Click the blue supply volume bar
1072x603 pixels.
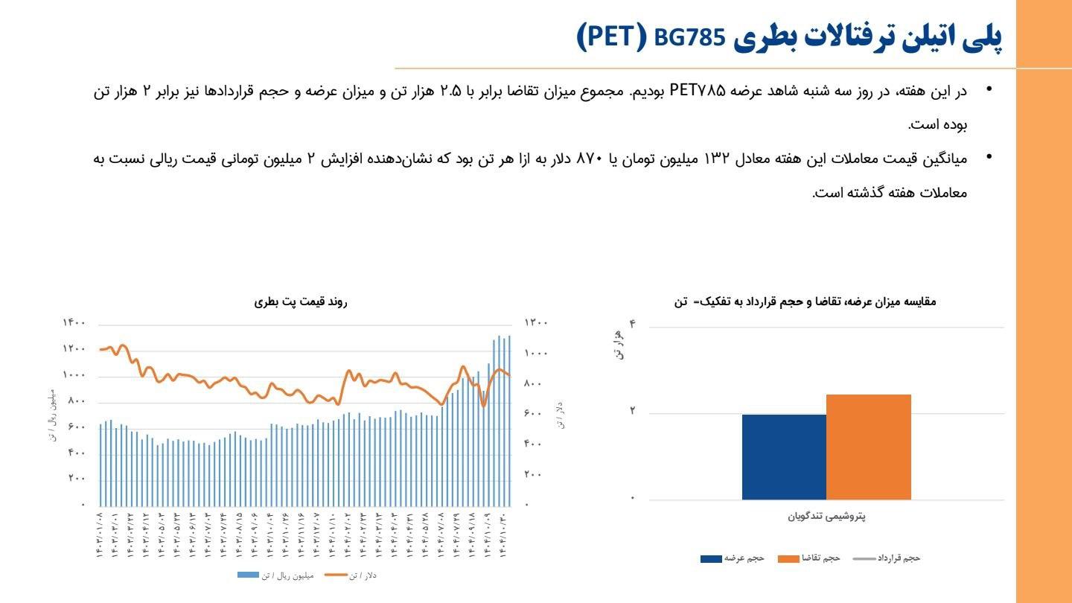(x=784, y=456)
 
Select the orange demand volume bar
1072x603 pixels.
(x=868, y=447)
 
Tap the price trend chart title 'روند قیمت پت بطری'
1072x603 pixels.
(x=301, y=301)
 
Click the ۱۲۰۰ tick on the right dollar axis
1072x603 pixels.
(x=537, y=323)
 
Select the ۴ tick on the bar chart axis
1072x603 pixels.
(x=633, y=324)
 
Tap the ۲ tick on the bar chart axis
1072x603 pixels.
(x=633, y=410)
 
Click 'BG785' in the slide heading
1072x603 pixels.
(x=689, y=37)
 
